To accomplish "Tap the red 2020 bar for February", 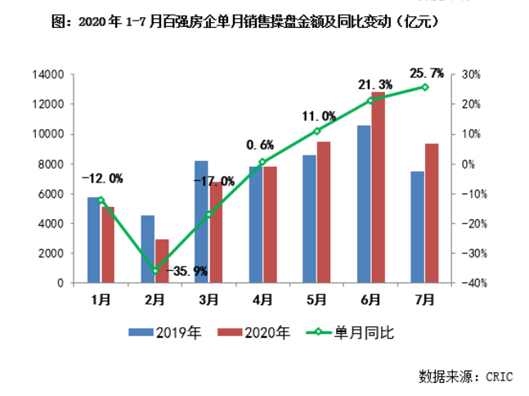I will [x=161, y=261].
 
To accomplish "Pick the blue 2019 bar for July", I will [x=417, y=227].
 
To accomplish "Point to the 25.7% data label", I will [x=425, y=73].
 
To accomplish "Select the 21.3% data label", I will [x=374, y=85].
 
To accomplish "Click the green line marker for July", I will [x=424, y=87].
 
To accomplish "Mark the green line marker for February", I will [x=155, y=271].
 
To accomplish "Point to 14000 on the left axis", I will [x=48, y=74].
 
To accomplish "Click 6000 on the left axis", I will [x=51, y=194].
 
